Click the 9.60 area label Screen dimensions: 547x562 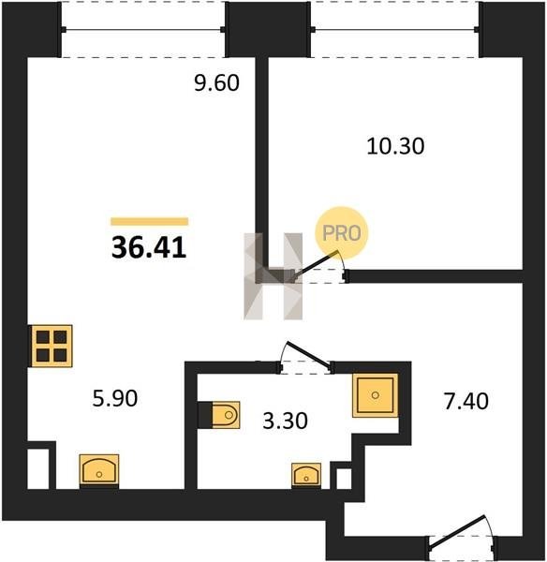click(x=216, y=82)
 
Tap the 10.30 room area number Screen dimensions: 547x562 click(x=395, y=146)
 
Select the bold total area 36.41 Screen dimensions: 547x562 click(x=149, y=247)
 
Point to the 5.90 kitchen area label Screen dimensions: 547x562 click(x=114, y=398)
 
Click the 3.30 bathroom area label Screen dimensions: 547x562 click(x=285, y=421)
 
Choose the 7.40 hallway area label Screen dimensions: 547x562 click(x=466, y=401)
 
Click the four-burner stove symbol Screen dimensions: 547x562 click(x=52, y=346)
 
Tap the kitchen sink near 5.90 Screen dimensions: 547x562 click(x=99, y=471)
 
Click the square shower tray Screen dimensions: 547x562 click(x=376, y=395)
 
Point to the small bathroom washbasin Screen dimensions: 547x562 click(x=306, y=475)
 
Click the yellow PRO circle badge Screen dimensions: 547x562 click(x=341, y=233)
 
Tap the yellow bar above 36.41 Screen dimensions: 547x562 click(x=150, y=221)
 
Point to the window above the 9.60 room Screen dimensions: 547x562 click(x=143, y=29)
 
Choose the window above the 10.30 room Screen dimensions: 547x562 click(x=394, y=29)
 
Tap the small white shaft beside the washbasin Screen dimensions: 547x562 click(x=344, y=479)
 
